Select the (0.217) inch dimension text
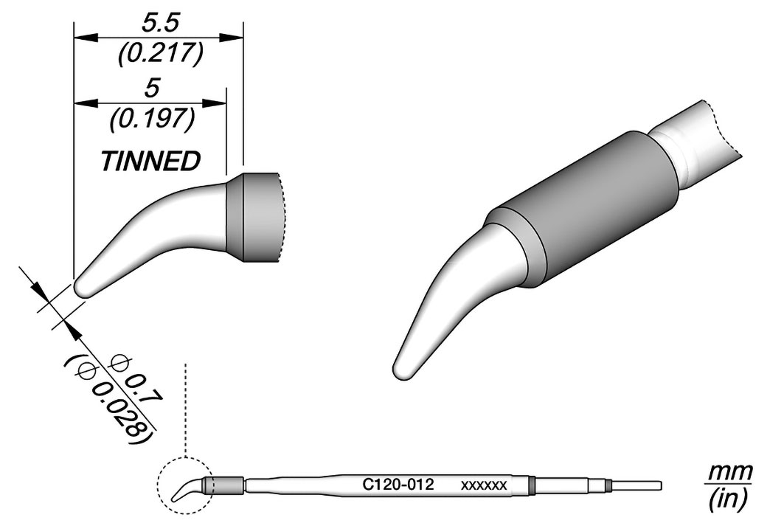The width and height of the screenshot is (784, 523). [x=161, y=54]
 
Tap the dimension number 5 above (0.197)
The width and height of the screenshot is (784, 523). [x=151, y=89]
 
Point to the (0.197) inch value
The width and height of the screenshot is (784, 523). [x=152, y=120]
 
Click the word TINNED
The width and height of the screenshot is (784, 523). [x=150, y=161]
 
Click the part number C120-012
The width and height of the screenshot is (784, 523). [x=398, y=485]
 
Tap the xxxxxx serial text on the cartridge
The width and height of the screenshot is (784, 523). [x=484, y=485]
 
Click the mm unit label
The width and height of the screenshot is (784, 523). [x=729, y=471]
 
